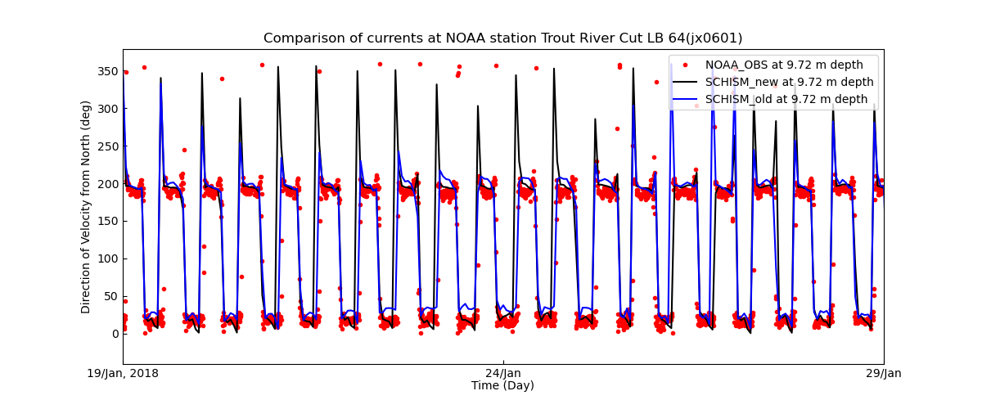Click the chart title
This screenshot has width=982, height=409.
tap(502, 38)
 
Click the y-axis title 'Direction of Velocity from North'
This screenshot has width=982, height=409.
tap(86, 207)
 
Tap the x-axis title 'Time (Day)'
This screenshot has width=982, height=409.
tap(502, 386)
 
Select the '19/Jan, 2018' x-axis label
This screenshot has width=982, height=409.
tap(123, 374)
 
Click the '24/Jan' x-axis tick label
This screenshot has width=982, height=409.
tap(503, 374)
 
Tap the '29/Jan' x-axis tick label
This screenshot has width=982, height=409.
tap(884, 374)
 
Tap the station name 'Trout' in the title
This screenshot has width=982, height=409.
tap(556, 38)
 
